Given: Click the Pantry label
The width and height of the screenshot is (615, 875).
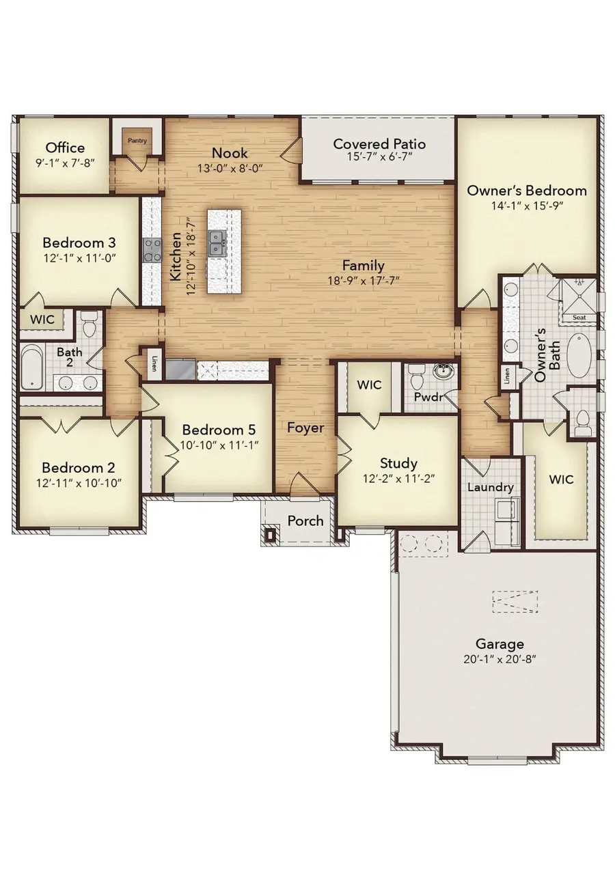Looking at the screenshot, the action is point(137,141).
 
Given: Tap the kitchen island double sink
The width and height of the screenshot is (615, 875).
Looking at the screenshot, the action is point(216,243).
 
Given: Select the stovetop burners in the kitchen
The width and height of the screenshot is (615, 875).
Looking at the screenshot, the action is point(152,250).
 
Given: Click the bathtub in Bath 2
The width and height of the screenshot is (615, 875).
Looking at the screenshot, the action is point(31,366).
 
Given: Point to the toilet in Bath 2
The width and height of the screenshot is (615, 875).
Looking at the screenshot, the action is point(90,324).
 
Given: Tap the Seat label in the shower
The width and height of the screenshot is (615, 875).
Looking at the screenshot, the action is point(579,317).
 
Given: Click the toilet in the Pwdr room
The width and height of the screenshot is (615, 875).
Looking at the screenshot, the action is point(415,376).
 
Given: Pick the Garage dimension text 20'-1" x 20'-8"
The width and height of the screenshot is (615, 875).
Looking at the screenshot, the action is point(500,659).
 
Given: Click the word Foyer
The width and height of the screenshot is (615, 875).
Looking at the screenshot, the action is point(305,428).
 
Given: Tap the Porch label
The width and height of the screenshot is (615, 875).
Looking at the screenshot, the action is point(305,520).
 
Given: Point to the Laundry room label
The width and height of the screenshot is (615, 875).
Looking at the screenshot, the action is point(491,488).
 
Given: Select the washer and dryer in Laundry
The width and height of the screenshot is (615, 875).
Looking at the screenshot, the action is point(507,521).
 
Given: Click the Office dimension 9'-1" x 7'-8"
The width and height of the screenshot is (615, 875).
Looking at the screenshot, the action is point(65,163).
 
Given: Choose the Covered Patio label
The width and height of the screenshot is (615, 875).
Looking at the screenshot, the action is point(379,143).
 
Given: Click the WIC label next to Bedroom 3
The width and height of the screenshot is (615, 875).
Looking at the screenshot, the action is point(42,320).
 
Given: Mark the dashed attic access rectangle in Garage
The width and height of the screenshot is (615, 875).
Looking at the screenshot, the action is point(515,602).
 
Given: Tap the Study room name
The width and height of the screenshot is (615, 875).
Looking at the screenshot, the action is point(398,463).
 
